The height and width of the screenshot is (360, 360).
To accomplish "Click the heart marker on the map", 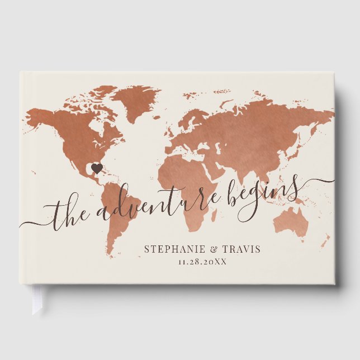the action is point(97,167).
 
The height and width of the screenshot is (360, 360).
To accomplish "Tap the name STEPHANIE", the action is point(170,249).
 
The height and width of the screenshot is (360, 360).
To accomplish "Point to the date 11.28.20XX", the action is point(202,262).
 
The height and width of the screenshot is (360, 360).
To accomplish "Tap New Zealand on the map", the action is point(324,240).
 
